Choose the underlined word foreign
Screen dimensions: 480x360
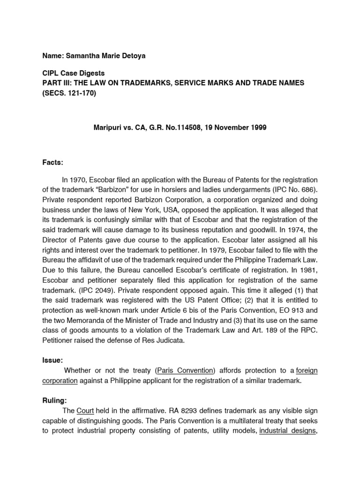pos(307,371)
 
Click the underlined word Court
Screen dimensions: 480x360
pos(85,411)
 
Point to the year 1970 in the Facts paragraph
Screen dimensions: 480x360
pos(77,180)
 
